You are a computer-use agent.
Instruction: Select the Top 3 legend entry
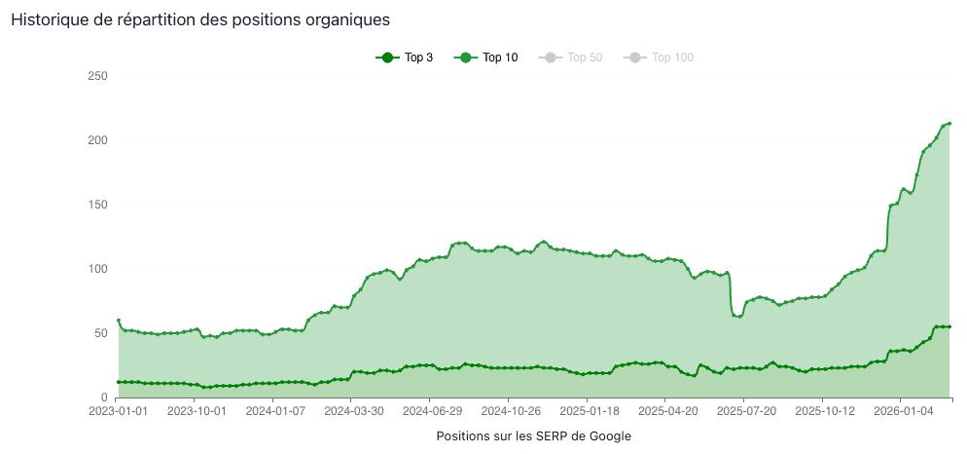pos(405,57)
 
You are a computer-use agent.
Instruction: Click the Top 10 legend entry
pos(485,57)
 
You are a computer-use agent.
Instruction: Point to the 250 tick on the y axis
pos(97,76)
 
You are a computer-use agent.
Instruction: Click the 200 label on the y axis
pos(97,140)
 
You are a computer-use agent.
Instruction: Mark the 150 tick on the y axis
pos(97,205)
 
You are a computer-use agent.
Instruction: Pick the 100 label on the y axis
pos(97,269)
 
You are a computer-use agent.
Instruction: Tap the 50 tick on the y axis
pos(100,333)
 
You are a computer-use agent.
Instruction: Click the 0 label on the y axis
pos(103,397)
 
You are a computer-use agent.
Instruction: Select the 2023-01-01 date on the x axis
pos(117,412)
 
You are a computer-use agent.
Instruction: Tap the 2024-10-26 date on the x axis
pos(509,412)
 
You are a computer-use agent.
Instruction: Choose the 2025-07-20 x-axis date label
pos(743,412)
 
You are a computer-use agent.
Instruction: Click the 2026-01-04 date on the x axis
pos(900,412)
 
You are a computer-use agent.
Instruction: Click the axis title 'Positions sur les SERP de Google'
pos(534,435)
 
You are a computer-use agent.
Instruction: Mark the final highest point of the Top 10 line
pos(949,124)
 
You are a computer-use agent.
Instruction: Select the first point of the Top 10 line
pos(118,321)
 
